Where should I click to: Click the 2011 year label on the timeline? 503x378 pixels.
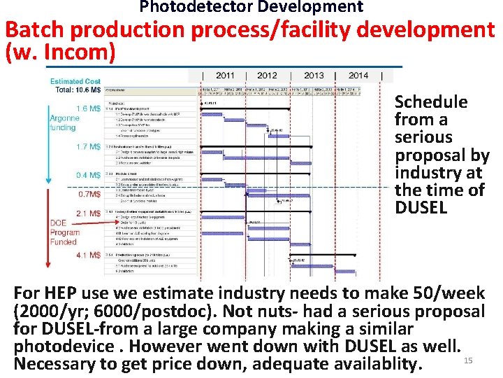click(x=225, y=76)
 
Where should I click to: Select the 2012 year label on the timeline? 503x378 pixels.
click(x=267, y=76)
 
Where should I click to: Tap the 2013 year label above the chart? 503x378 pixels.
click(x=314, y=76)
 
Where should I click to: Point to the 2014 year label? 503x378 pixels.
click(x=358, y=76)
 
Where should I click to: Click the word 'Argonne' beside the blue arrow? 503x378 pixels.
click(x=64, y=118)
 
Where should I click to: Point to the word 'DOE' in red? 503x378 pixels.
click(x=59, y=223)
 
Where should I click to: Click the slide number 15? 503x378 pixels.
click(x=469, y=360)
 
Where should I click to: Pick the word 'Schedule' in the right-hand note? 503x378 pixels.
click(x=431, y=102)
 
